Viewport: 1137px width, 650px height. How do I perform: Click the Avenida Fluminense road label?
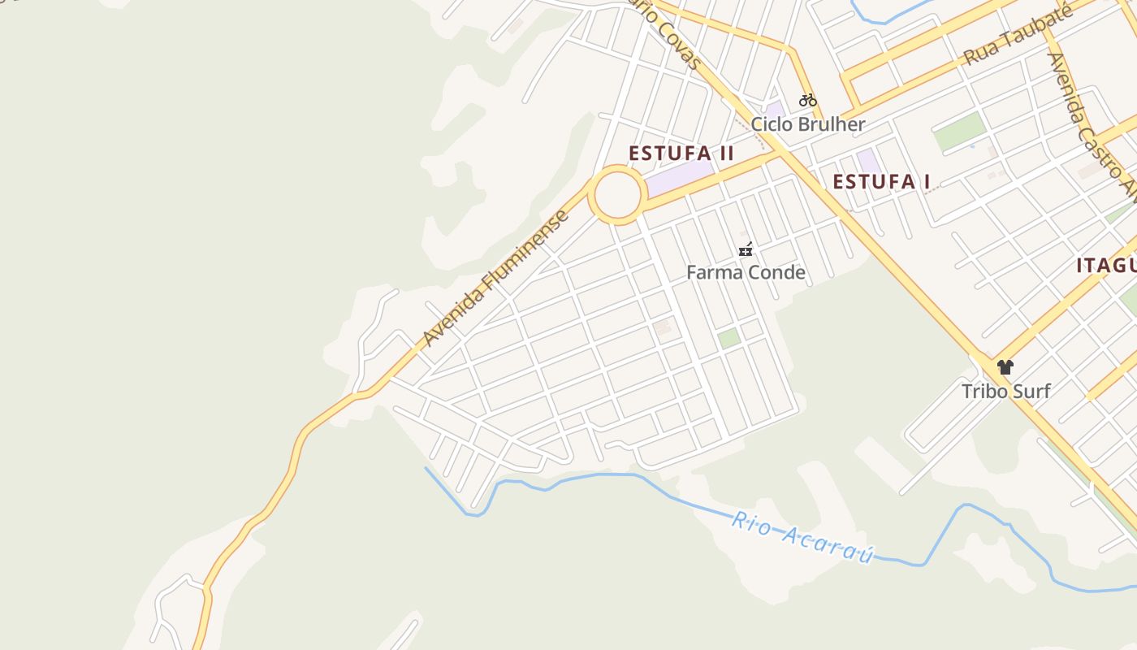pos(496,279)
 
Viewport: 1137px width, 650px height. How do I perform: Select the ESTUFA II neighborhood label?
pos(681,153)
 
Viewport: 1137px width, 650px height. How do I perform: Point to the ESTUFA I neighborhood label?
pos(881,181)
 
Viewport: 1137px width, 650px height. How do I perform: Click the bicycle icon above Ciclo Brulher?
pos(807,101)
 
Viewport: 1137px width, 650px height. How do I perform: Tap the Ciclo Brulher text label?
pos(807,124)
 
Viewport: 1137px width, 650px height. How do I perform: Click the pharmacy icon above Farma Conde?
pos(746,250)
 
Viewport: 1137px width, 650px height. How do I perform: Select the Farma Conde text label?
pos(746,272)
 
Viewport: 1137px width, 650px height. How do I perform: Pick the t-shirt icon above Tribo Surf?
pos(1005,367)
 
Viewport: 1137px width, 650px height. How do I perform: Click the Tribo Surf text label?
pos(1005,391)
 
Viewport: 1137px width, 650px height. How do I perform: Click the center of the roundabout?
pos(617,195)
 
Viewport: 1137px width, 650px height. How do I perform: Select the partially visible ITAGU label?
pos(1106,266)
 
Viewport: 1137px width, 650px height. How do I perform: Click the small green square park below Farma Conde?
pos(728,339)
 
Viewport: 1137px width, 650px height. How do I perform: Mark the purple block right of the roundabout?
pos(679,176)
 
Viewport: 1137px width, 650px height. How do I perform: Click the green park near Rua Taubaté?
pos(959,132)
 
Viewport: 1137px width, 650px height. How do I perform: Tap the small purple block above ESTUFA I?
pos(868,160)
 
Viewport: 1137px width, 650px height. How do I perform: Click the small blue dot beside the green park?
pos(972,147)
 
